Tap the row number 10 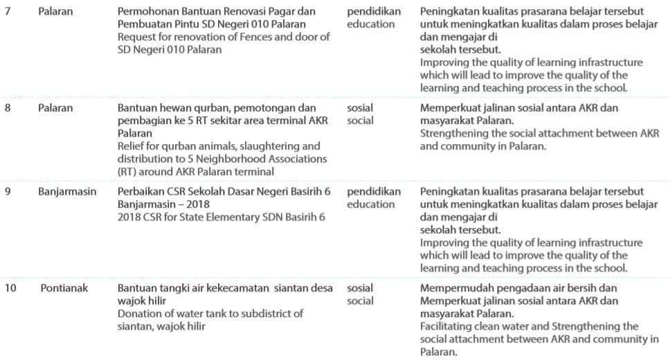[x=10, y=287]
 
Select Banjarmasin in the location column [x=67, y=190]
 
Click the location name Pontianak [x=64, y=287]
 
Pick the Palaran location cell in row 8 [x=55, y=108]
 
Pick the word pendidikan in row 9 [x=374, y=190]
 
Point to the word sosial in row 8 [x=360, y=108]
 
